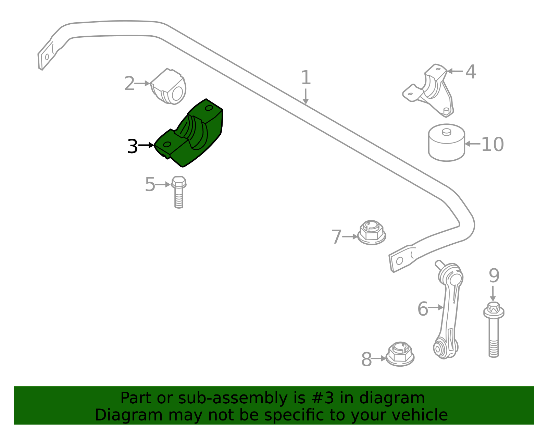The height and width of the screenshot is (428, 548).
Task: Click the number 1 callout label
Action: pos(306,77)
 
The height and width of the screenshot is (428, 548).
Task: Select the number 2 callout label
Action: pos(129,84)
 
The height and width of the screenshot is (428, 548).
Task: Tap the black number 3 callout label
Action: pos(133,146)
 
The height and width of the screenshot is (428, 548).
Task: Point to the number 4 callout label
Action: pos(471,72)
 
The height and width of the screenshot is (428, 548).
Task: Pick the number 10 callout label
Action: pos(492,144)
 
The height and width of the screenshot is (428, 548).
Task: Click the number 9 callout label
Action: pos(494,276)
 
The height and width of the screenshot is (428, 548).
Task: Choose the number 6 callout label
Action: pos(423,309)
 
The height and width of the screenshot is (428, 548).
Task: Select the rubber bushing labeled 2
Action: pos(169,86)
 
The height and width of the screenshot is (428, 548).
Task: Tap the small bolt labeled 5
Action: pos(178,192)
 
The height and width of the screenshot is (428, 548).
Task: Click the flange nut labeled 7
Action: pos(372,233)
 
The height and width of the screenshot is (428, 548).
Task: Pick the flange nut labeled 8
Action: pos(400,354)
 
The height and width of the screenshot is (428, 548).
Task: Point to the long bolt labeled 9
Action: pos(494,330)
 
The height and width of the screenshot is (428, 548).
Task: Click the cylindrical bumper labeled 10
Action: pos(446,143)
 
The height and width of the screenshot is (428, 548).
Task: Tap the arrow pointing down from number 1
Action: pos(306,96)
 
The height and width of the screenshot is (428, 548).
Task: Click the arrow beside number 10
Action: pos(473,144)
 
